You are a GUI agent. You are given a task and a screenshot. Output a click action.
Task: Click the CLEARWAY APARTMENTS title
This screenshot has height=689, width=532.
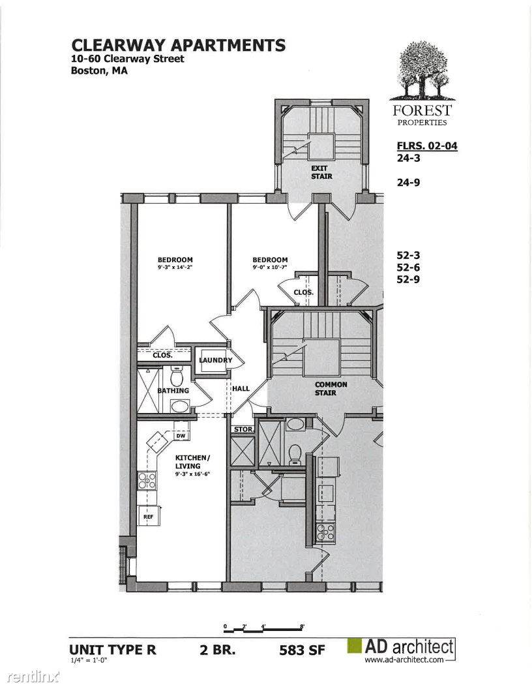point(178,45)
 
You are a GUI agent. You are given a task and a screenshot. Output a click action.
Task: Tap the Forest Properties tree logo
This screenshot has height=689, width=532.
point(422,70)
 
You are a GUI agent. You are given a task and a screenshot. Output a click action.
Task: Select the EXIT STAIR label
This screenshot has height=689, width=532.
point(322,172)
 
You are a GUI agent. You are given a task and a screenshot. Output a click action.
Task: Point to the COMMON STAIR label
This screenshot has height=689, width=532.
point(331,388)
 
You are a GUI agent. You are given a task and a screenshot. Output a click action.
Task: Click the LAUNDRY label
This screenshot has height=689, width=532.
point(216,360)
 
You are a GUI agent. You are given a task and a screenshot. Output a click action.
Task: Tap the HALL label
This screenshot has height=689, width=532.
point(241,388)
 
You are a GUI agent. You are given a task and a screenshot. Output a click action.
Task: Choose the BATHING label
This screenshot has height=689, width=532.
point(173,391)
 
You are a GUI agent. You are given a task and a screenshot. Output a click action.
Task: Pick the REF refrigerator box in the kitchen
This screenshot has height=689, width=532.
point(149,516)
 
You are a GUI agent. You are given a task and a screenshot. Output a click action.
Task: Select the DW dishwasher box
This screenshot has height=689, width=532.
point(181,436)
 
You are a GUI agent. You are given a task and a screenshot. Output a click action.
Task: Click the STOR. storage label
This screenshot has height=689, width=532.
point(243,429)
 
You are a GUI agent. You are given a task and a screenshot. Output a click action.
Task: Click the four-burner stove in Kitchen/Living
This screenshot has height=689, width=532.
point(147,480)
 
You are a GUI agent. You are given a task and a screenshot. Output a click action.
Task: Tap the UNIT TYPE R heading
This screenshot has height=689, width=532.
point(113,649)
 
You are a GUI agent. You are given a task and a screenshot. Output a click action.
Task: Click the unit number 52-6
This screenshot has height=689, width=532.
point(408,267)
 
